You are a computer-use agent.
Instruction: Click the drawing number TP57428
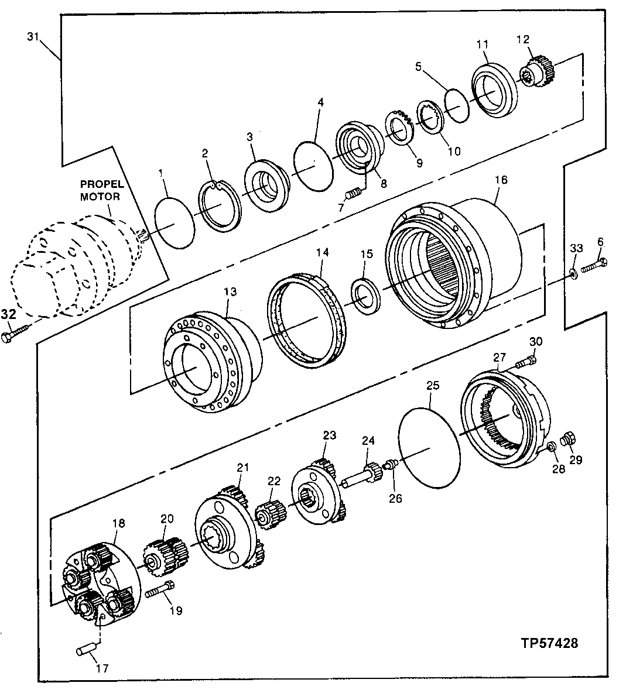[x=549, y=643]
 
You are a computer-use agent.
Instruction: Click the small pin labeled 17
[x=85, y=650]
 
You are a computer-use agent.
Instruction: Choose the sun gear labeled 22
[x=270, y=516]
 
